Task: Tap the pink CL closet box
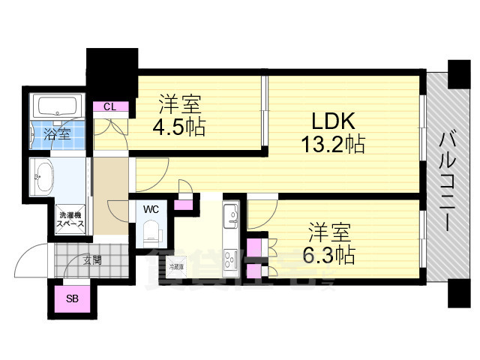pyautogui.click(x=109, y=106)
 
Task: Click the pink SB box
pyautogui.click(x=72, y=298)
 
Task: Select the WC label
pyautogui.click(x=150, y=209)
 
